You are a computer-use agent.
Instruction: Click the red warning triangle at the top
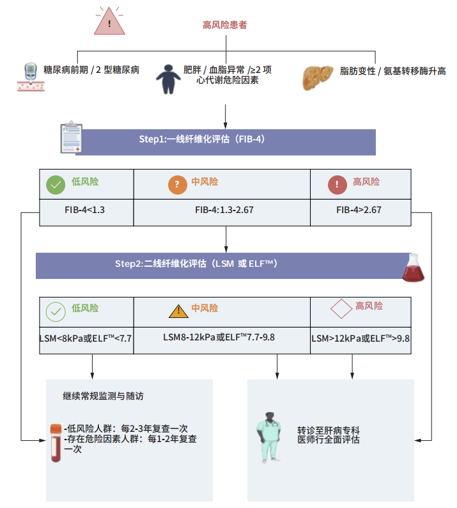point(109,22)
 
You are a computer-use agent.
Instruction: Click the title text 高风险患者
point(225,25)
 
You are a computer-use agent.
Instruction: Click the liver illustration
point(318,75)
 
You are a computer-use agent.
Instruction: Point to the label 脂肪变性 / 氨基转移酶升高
point(392,70)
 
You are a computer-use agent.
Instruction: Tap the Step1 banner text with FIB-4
point(201,139)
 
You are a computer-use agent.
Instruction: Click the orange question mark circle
point(177,186)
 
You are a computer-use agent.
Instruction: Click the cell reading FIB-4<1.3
point(86,210)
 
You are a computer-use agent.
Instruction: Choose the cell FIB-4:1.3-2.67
point(224,210)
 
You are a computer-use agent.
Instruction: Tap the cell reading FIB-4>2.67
point(359,210)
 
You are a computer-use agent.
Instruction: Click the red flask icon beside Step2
point(413,267)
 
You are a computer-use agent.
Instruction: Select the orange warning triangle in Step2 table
point(178,311)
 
